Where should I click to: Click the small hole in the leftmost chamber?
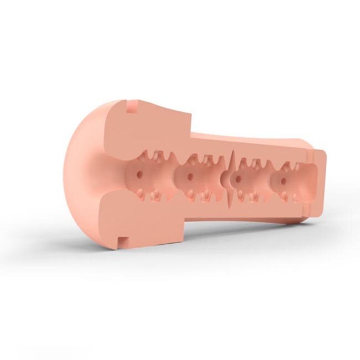[139, 172]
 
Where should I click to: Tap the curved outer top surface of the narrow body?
[249, 138]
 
